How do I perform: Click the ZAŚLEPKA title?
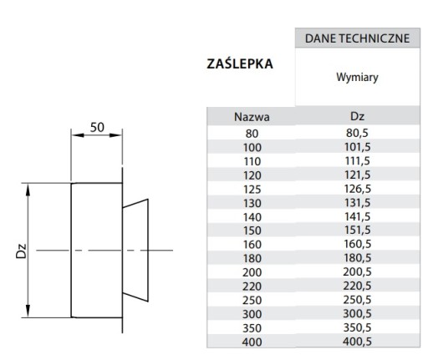point(240,63)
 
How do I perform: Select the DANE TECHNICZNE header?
point(357,38)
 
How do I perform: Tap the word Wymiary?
point(357,77)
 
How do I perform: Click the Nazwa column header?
point(252,117)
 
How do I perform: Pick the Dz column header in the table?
point(357,116)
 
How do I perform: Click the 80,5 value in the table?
point(357,133)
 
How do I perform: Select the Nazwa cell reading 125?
point(252,190)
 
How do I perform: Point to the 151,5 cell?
point(357,230)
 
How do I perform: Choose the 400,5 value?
point(357,342)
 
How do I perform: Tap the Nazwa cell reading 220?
point(252,286)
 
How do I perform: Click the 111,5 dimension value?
point(357,161)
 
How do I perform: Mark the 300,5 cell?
point(357,313)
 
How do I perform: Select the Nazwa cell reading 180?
point(252,258)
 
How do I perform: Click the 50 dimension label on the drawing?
point(97,128)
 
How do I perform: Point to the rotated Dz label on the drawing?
point(21,251)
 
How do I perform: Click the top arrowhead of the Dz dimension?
point(28,190)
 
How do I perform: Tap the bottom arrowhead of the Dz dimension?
point(28,311)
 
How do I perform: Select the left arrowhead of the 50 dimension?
point(78,135)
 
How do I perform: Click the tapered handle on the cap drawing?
point(135,251)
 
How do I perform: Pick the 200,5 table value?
point(357,271)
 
